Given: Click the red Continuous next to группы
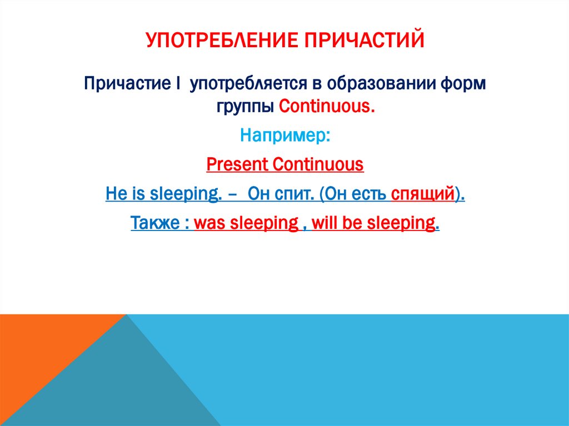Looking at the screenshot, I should click(326, 106).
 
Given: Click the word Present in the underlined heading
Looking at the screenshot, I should click(237, 165).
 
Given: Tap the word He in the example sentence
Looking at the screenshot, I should click(113, 194).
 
